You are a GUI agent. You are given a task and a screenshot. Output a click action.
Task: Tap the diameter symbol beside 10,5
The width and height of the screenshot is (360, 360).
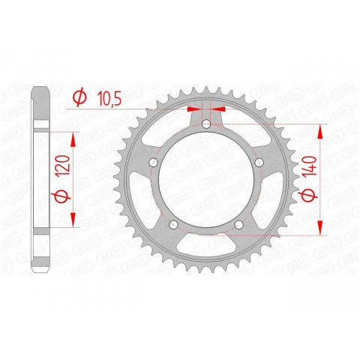(79, 97)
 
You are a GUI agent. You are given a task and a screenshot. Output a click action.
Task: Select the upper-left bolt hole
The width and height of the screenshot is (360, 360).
(154, 161)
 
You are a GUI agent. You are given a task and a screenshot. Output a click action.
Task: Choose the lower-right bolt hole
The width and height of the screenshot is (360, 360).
(239, 223)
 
